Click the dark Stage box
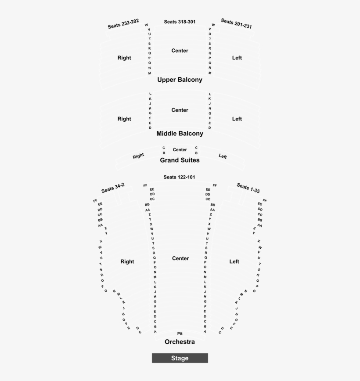coord(180,358)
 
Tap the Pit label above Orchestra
coord(180,334)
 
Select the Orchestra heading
coord(180,342)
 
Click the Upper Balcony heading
coord(180,80)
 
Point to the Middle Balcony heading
coord(180,134)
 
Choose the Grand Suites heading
coord(180,160)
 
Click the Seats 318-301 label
coord(180,22)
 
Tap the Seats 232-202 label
coord(123,24)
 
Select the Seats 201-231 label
coord(236,23)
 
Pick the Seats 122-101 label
coord(180,177)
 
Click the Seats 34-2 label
coord(113,188)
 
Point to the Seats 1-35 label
coord(248,188)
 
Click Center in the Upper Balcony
coord(180,51)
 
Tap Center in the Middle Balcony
coord(180,110)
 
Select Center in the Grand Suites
coord(180,150)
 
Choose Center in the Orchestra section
coord(180,258)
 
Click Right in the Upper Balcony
coord(124,58)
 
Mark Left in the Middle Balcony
coord(237,119)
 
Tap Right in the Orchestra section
coord(127,261)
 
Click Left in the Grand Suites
coord(223,156)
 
